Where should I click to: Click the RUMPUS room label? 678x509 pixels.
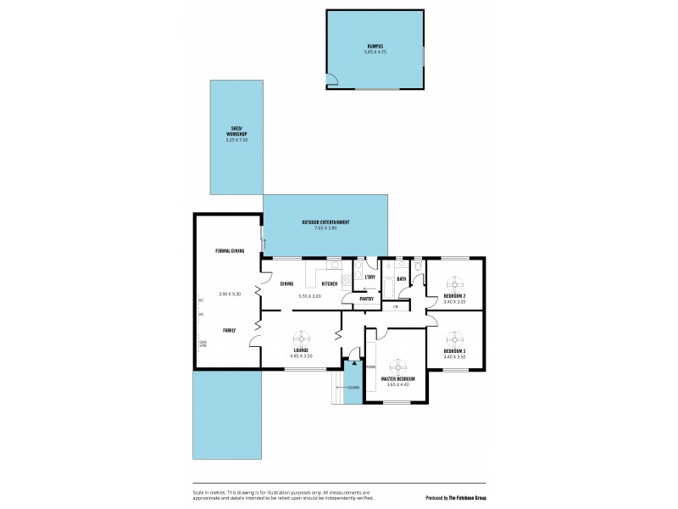coord(375,46)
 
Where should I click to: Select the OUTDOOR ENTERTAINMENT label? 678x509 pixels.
coord(325,222)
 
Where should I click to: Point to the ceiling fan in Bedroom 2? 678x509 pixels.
coord(454,283)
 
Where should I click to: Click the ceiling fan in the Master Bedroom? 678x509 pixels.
coord(397,361)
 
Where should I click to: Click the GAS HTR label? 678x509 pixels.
coord(203,344)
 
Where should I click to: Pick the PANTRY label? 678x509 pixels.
coord(367,299)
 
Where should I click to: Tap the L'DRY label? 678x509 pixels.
coord(370,277)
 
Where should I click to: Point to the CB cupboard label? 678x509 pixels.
coord(395,306)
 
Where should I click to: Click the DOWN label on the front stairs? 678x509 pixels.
coord(353,387)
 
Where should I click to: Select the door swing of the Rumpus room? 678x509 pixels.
coord(333,81)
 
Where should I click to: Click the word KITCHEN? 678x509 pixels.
coord(330,283)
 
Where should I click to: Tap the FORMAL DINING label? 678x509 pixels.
coord(230,251)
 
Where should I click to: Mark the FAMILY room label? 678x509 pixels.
coord(230,329)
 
